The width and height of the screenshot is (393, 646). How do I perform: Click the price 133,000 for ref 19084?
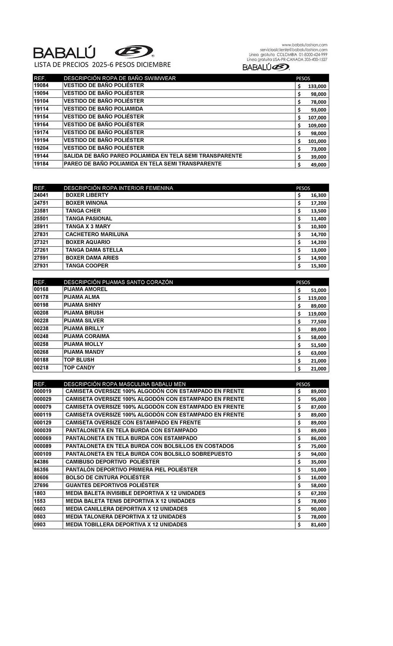[x=317, y=86]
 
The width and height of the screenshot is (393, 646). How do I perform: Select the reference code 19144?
[x=41, y=156]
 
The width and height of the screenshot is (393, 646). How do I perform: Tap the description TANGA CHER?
[x=83, y=211]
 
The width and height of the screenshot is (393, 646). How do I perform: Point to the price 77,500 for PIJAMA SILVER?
[x=318, y=322]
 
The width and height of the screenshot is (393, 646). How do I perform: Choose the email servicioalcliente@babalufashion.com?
[x=293, y=50]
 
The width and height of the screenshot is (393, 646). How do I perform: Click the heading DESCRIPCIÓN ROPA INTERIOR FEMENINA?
[x=118, y=188]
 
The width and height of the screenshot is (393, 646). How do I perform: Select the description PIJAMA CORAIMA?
[x=86, y=336]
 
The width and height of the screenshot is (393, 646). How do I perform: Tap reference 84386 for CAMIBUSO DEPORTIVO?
[x=41, y=462]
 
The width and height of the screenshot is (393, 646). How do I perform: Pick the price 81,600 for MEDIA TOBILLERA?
[x=318, y=525]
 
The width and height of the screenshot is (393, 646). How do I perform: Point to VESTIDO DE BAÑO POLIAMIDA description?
[x=103, y=109]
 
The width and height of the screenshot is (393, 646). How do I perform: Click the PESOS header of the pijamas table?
[x=303, y=282]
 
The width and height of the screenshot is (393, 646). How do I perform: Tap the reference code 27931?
[x=41, y=266]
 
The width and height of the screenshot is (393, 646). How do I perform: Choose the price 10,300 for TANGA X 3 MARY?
[x=318, y=227]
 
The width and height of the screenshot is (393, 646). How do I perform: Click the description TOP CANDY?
[x=79, y=368]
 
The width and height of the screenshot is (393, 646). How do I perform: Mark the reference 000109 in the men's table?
[x=42, y=454]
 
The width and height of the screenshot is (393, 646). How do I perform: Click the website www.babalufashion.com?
[x=304, y=45]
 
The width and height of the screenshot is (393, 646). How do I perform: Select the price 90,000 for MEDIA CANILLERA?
[x=318, y=509]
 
